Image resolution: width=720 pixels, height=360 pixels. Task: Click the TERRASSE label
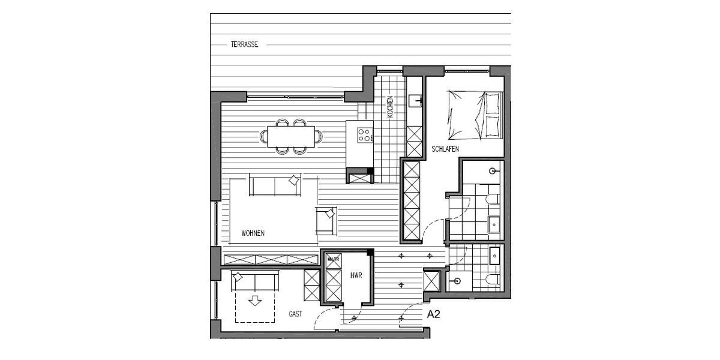tap(244, 44)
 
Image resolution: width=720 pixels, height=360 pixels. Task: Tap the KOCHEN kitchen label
tap(390, 107)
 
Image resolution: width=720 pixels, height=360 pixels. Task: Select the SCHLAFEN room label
tap(445, 148)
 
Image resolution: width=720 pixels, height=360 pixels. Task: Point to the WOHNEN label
tap(253, 233)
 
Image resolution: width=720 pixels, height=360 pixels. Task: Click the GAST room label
tap(295, 314)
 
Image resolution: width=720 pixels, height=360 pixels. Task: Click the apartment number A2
tap(433, 313)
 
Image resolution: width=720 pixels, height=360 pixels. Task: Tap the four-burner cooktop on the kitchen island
tap(364, 135)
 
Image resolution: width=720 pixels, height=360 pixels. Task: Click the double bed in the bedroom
tap(474, 115)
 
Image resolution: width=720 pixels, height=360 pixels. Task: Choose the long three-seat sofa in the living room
tap(275, 185)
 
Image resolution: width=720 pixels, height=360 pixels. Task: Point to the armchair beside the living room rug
tap(326, 220)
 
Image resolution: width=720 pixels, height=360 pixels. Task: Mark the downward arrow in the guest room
tap(256, 299)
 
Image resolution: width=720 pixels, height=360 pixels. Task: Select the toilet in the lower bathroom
tap(492, 279)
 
